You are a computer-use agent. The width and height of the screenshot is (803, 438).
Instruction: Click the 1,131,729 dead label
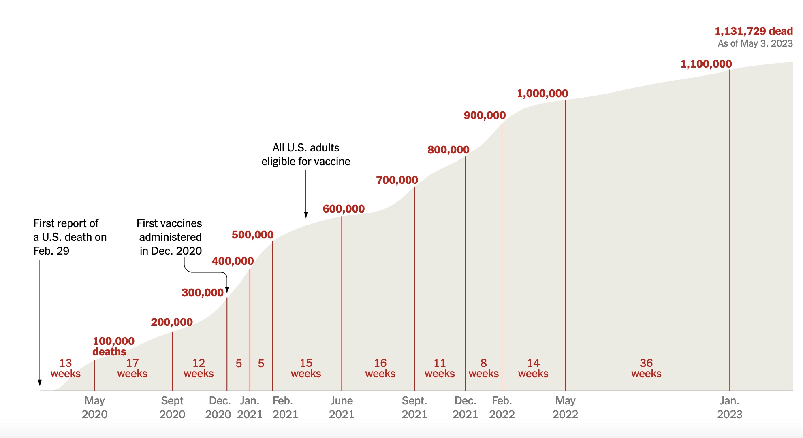753,31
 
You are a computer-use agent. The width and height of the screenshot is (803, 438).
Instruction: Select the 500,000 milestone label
252,235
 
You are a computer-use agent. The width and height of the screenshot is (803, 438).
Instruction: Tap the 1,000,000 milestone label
542,94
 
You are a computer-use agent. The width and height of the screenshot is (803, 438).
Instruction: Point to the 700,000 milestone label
397,180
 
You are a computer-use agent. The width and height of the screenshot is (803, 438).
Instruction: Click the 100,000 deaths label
113,346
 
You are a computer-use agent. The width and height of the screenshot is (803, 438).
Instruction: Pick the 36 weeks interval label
646,368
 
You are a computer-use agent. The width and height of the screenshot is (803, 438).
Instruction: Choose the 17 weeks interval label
132,368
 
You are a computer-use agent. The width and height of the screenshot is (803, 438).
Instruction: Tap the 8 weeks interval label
483,368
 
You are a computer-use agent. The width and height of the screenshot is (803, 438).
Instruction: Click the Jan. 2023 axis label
729,407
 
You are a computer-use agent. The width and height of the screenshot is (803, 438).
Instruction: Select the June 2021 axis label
341,407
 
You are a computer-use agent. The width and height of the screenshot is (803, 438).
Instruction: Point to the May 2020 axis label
94,407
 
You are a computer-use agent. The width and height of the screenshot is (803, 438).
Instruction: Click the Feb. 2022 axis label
502,407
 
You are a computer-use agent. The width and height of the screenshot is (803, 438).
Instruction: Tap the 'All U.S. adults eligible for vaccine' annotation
305,155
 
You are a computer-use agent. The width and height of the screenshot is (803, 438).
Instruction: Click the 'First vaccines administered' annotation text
170,237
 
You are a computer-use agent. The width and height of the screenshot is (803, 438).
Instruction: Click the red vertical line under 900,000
502,255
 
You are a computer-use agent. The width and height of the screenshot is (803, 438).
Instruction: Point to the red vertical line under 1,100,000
730,227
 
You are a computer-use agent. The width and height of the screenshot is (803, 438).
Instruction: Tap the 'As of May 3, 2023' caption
755,43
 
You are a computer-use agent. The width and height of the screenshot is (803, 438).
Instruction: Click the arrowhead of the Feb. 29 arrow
40,383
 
